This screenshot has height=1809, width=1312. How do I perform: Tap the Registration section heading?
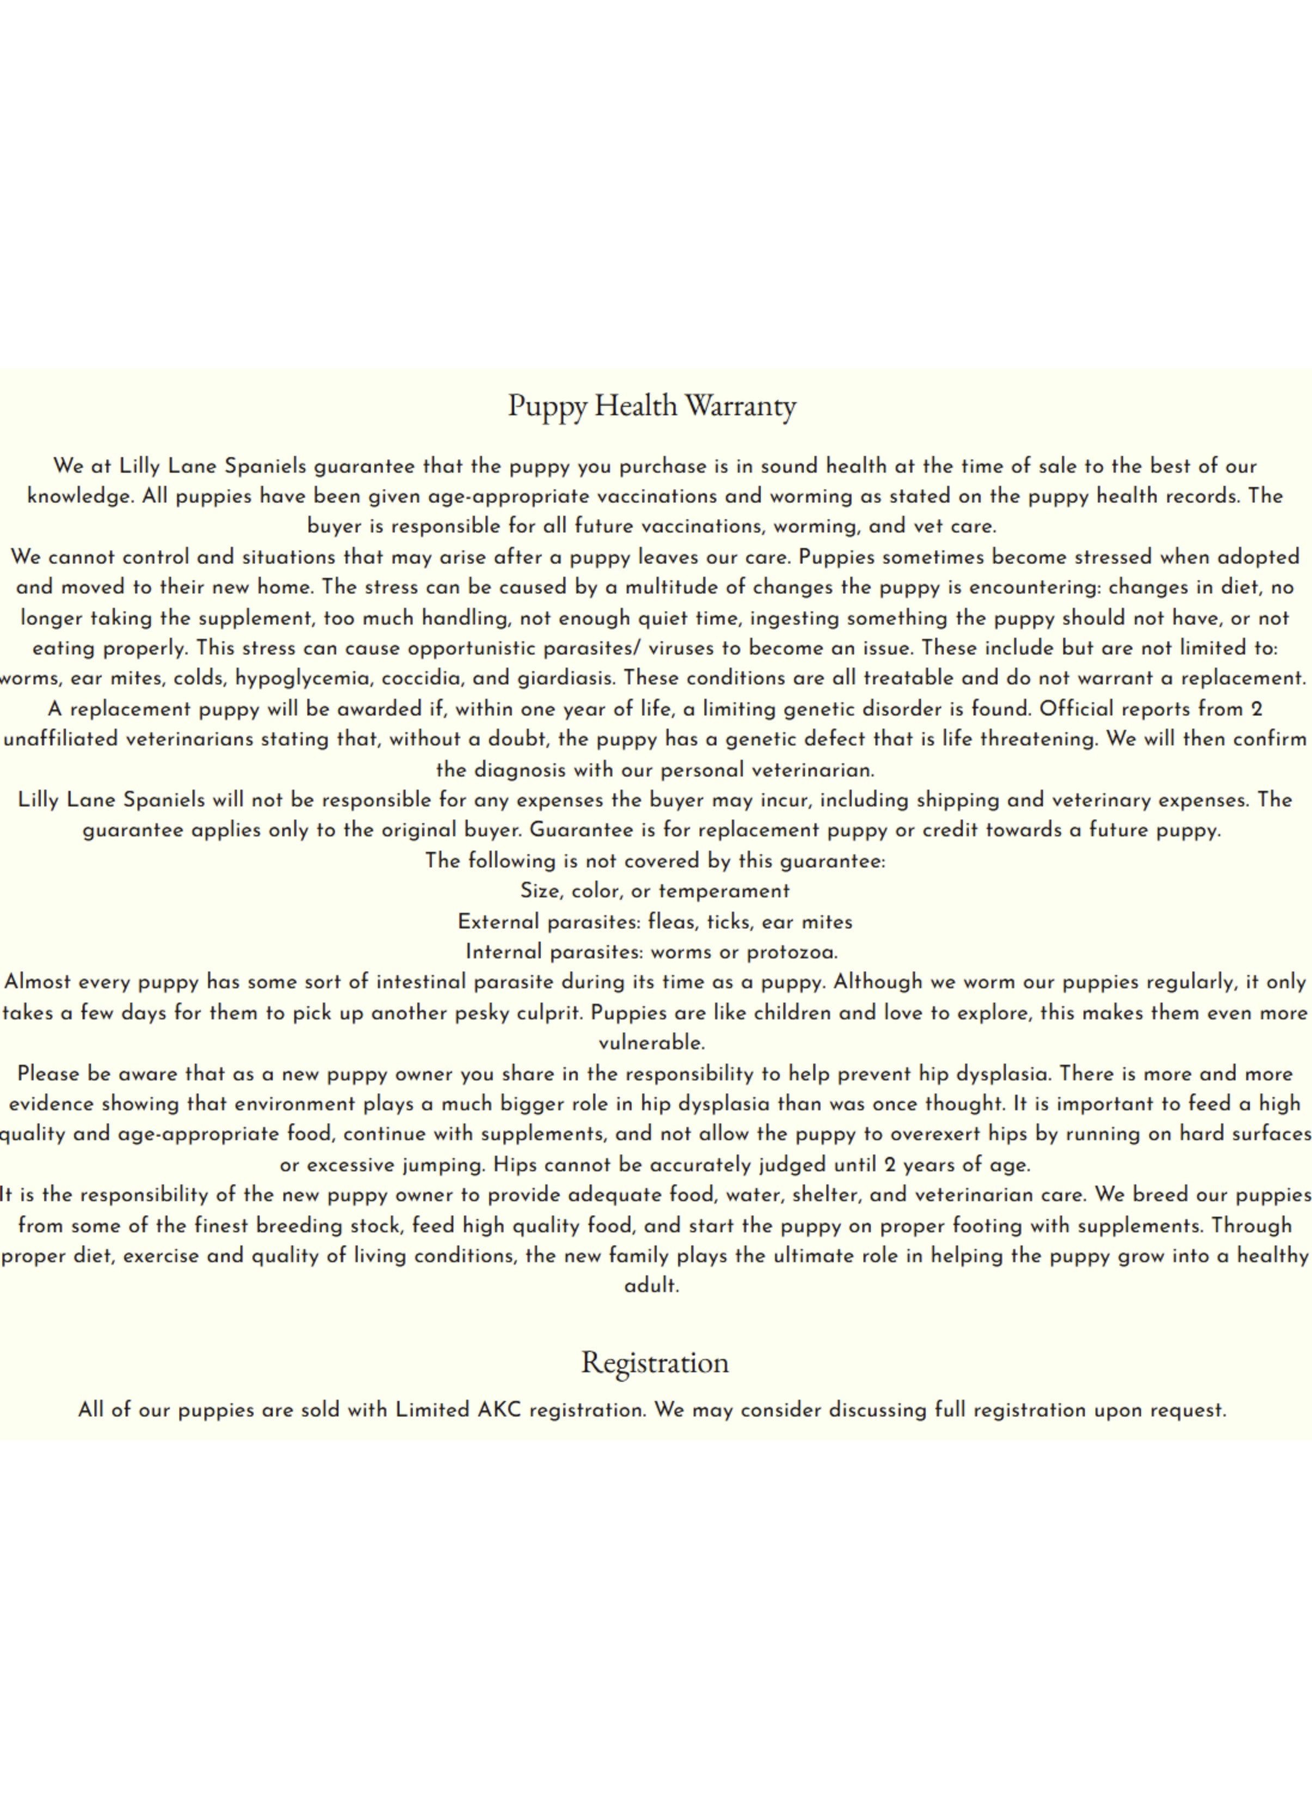pos(655,1362)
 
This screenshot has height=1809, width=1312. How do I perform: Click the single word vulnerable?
pos(651,1043)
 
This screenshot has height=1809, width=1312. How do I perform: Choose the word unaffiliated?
pos(62,739)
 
